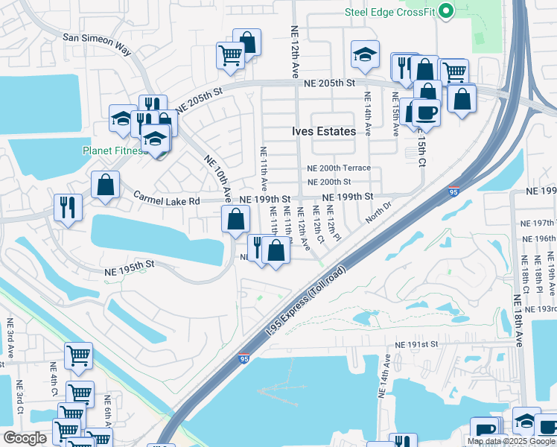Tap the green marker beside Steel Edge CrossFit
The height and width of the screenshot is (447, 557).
pyautogui.click(x=446, y=11)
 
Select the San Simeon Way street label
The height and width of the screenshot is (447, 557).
pyautogui.click(x=97, y=44)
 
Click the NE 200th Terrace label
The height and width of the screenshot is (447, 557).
pyautogui.click(x=339, y=168)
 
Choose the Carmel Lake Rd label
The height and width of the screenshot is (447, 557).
pyautogui.click(x=167, y=200)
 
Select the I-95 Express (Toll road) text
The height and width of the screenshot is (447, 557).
pyautogui.click(x=308, y=305)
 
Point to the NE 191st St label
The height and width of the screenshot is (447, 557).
pyautogui.click(x=415, y=345)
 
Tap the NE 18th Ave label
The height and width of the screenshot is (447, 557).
pyautogui.click(x=518, y=328)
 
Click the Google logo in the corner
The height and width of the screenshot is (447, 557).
pyautogui.click(x=25, y=439)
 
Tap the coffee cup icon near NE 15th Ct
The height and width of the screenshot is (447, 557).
pyautogui.click(x=427, y=112)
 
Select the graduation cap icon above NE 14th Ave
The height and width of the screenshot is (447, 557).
pyautogui.click(x=364, y=54)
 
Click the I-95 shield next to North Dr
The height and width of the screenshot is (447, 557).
pyautogui.click(x=454, y=191)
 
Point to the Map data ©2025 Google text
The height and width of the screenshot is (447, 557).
pyautogui.click(x=510, y=441)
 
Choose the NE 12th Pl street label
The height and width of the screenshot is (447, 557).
pyautogui.click(x=332, y=224)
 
